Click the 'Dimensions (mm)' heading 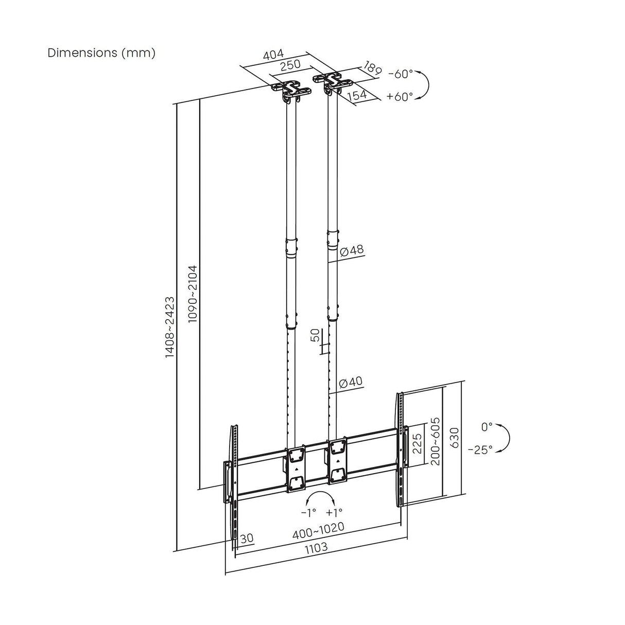point(101,53)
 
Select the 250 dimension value point(292,66)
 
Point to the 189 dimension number point(372,67)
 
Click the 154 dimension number point(356,95)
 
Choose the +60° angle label point(400,96)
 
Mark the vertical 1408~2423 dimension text point(170,327)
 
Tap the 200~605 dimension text point(435,441)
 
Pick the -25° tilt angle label point(480,449)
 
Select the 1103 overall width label point(316,547)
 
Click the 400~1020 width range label point(318,528)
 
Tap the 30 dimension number point(247,538)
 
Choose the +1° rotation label point(334,512)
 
